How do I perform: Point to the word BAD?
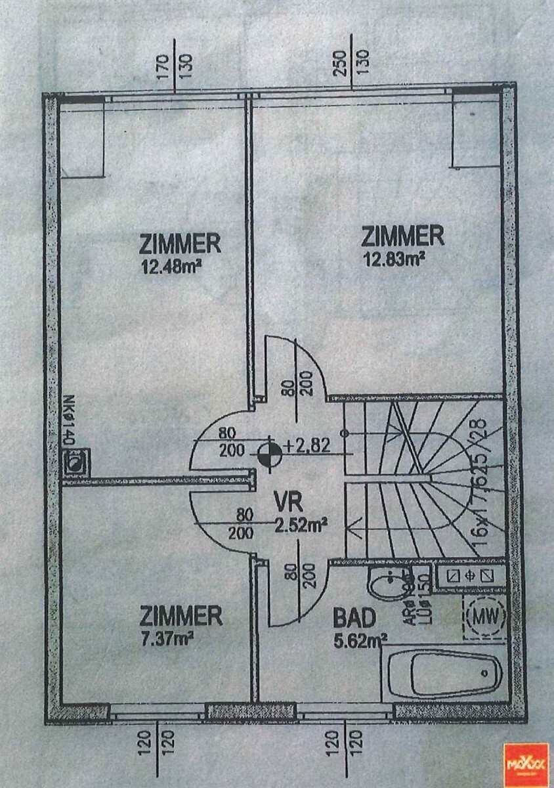(354, 619)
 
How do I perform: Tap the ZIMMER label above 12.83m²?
(403, 235)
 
